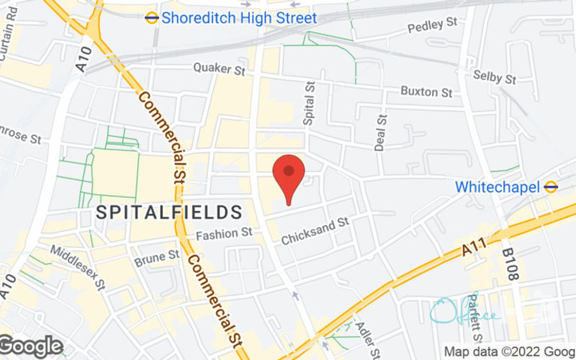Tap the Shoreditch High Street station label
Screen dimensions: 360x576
click(239, 17)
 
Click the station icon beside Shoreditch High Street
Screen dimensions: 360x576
click(152, 17)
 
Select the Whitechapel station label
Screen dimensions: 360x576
click(497, 186)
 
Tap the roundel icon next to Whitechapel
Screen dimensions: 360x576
click(551, 186)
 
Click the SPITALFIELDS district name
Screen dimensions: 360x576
click(168, 212)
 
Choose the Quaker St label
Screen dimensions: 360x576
click(220, 69)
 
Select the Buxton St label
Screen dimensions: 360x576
click(427, 92)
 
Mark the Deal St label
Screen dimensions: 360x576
click(379, 133)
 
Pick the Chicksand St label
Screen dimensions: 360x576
click(315, 230)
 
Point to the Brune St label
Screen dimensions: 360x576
click(157, 256)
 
